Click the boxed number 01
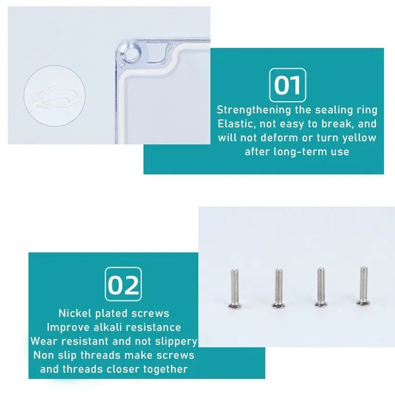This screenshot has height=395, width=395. click(x=288, y=85)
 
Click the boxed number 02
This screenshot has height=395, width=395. click(x=123, y=284)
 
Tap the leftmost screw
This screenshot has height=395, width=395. click(x=235, y=289)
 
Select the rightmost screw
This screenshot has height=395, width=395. click(x=363, y=286)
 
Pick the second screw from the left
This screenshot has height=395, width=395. click(x=278, y=288)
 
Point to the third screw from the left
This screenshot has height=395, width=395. click(x=321, y=287)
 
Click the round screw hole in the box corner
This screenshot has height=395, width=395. click(x=132, y=53)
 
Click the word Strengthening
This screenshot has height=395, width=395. click(x=254, y=110)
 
